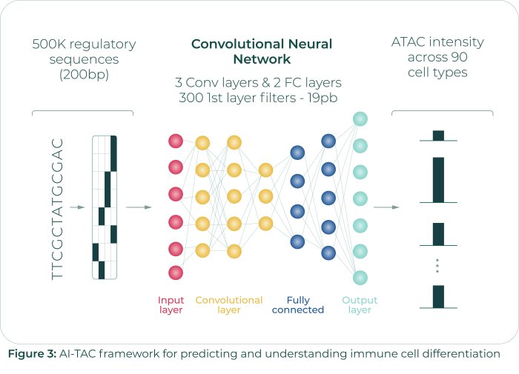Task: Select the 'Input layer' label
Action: (x=171, y=304)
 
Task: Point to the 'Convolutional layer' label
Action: (x=229, y=304)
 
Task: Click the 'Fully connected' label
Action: (x=298, y=304)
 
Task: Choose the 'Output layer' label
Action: (x=360, y=304)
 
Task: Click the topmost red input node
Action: (x=176, y=140)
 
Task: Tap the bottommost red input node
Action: (x=176, y=273)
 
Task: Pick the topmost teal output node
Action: (x=360, y=118)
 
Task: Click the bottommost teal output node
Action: (x=360, y=278)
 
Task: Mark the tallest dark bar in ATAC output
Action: (x=438, y=179)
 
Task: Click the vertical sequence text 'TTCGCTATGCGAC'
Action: (x=59, y=208)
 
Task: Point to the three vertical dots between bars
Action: (x=438, y=266)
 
